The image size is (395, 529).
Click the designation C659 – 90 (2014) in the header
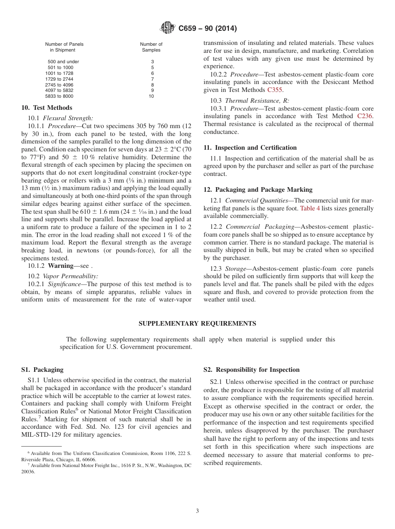pos(207,29)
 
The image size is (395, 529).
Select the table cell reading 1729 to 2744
pos(59,79)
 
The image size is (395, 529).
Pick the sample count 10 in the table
pos(151,96)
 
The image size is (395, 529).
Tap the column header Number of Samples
pos(151,47)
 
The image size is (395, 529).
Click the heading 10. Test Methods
pos(47,108)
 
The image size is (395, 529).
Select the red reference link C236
pos(365,116)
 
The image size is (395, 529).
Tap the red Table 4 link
pos(310,208)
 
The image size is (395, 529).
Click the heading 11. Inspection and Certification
pos(250,148)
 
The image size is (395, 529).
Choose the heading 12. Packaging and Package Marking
pos(258,190)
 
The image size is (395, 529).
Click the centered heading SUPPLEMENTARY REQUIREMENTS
pos(197,324)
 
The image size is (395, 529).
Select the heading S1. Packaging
pos(42,370)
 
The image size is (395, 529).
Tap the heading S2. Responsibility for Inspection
pos(251,370)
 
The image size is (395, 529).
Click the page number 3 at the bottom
pos(197,511)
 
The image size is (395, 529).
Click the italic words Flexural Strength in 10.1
pos(68,118)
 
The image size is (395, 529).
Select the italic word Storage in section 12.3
pos(236,269)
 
